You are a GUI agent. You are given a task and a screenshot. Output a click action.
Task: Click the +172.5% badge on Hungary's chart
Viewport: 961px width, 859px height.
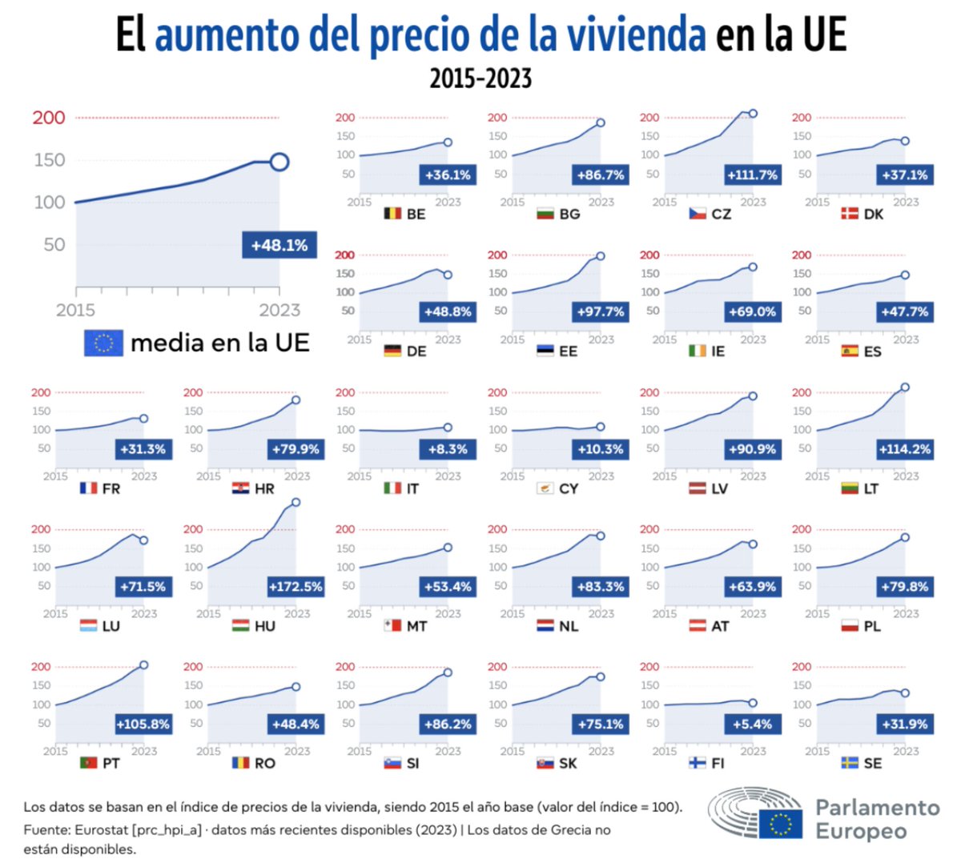[x=296, y=587]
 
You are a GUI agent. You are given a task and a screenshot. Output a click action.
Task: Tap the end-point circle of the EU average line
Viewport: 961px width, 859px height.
[x=279, y=163]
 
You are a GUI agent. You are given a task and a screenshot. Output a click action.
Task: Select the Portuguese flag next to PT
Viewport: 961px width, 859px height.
[x=89, y=763]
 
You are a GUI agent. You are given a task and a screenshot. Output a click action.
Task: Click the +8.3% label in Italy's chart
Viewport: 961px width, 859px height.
[x=448, y=449]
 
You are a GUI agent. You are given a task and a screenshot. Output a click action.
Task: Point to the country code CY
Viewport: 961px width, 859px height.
[x=569, y=488]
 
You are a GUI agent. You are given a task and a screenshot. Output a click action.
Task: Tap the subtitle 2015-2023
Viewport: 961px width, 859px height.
[x=480, y=78]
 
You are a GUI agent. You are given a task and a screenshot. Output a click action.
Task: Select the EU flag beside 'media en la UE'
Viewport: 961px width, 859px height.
[x=103, y=343]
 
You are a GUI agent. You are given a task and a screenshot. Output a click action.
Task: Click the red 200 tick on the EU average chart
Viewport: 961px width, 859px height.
[x=49, y=118]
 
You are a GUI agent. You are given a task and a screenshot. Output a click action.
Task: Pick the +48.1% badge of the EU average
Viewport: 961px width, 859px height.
[x=279, y=245]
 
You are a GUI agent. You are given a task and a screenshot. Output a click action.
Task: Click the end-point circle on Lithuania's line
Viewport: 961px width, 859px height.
[x=905, y=387]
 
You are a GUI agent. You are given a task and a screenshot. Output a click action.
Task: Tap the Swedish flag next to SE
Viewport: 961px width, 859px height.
[x=850, y=763]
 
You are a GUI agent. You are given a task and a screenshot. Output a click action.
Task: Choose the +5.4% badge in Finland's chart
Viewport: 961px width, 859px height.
[x=752, y=725]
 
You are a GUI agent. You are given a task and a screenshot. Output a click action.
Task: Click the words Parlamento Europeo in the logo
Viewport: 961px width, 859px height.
[x=878, y=819]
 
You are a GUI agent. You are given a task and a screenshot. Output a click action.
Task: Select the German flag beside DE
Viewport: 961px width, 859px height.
[x=392, y=351]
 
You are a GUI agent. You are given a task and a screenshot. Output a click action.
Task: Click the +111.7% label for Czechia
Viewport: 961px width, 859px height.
[x=752, y=175]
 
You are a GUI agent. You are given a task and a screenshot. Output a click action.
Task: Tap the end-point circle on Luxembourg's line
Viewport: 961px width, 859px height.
[x=143, y=540]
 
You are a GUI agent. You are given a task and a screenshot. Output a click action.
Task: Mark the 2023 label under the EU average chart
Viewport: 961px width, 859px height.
[x=279, y=311]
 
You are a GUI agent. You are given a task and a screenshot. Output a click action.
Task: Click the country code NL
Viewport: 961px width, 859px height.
[x=569, y=626]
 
